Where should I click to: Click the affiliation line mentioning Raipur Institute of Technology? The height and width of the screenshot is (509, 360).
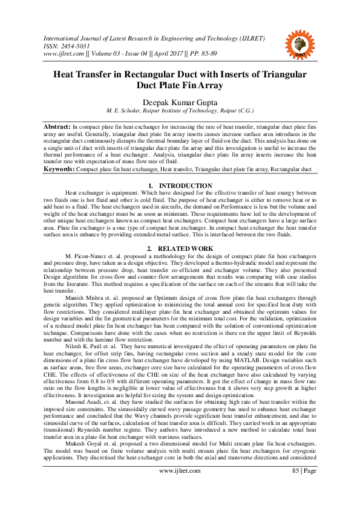[180, 112]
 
